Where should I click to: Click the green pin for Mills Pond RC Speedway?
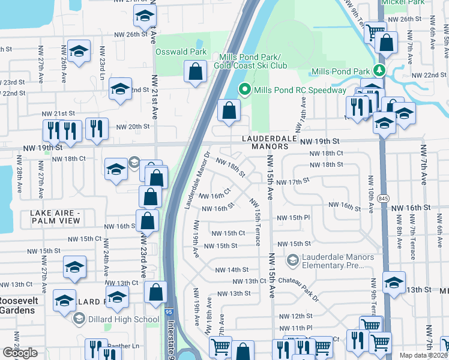pyautogui.click(x=245, y=91)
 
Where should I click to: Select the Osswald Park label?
pyautogui.click(x=181, y=52)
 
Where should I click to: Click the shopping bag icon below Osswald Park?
pyautogui.click(x=196, y=73)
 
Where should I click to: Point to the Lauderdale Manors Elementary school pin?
pyautogui.click(x=292, y=260)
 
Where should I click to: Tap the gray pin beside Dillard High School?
pyautogui.click(x=78, y=319)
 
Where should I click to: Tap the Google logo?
pyautogui.click(x=20, y=353)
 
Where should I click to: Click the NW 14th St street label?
pyautogui.click(x=229, y=270)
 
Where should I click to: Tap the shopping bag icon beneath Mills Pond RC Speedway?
pyautogui.click(x=229, y=112)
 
